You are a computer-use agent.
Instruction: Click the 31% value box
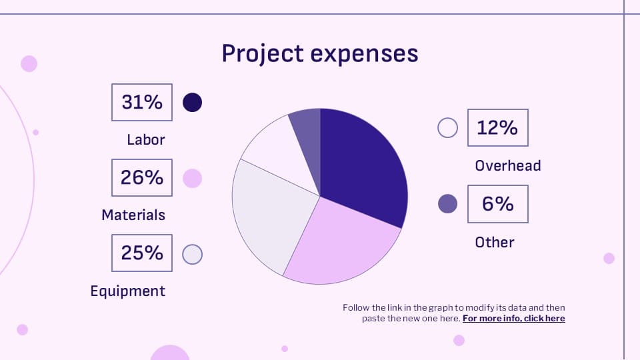pyautogui.click(x=142, y=102)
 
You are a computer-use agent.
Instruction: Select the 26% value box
pyautogui.click(x=142, y=177)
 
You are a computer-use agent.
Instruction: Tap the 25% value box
pyautogui.click(x=142, y=253)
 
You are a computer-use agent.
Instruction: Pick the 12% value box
pyautogui.click(x=497, y=127)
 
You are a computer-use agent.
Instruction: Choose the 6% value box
pyautogui.click(x=497, y=204)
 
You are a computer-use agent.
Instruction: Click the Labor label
pyautogui.click(x=146, y=139)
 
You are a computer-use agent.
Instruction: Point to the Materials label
pyautogui.click(x=133, y=215)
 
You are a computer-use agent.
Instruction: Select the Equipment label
pyautogui.click(x=128, y=291)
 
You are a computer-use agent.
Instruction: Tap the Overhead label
pyautogui.click(x=507, y=165)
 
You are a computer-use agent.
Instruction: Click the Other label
pyautogui.click(x=494, y=242)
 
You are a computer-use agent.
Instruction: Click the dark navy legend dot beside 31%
pyautogui.click(x=192, y=102)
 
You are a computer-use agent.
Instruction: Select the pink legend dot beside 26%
pyautogui.click(x=192, y=178)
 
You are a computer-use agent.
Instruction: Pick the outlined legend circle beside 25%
pyautogui.click(x=192, y=254)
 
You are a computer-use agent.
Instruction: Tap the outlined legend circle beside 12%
pyautogui.click(x=447, y=127)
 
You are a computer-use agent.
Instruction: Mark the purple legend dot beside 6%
pyautogui.click(x=447, y=204)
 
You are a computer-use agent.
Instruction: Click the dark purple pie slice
pyautogui.click(x=363, y=167)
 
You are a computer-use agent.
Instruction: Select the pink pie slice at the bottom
pyautogui.click(x=340, y=240)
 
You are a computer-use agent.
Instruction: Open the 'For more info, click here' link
pyautogui.click(x=513, y=319)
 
